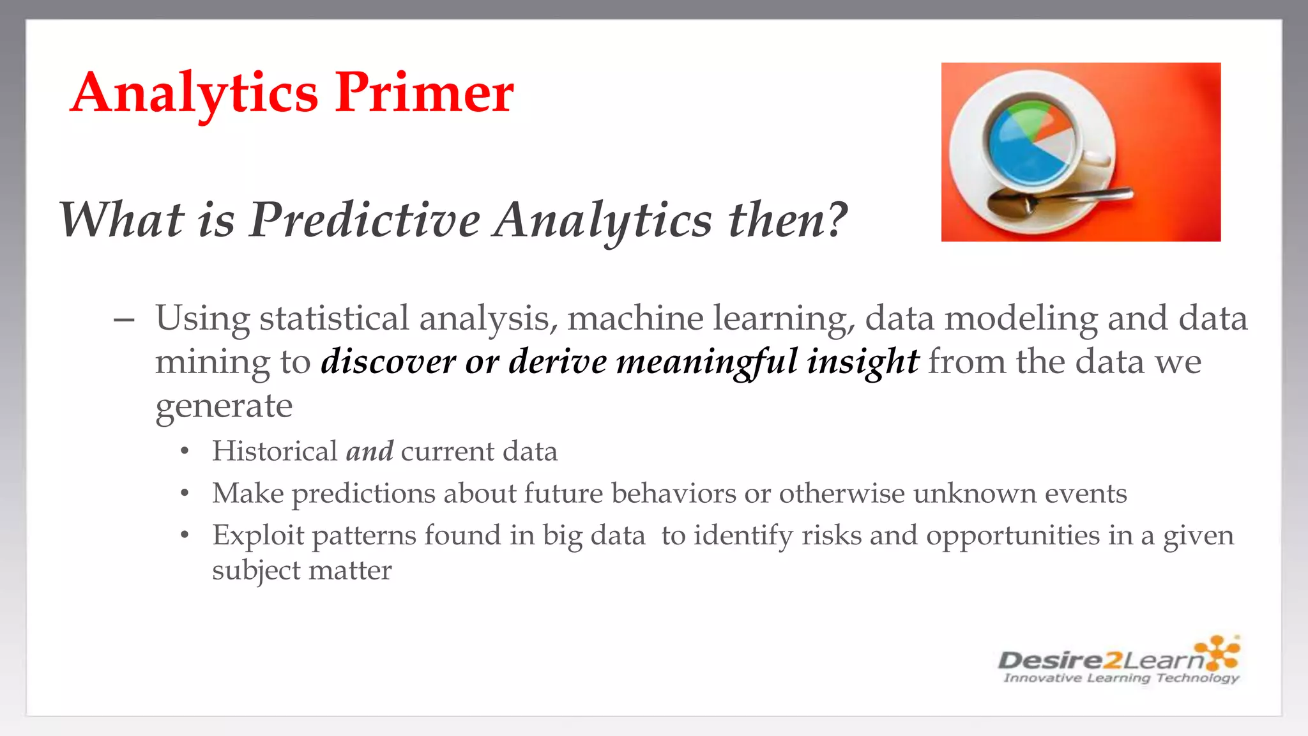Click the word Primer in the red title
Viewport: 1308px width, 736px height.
(x=425, y=93)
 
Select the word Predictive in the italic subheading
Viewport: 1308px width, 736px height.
(x=364, y=220)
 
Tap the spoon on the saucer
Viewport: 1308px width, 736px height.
(x=1054, y=199)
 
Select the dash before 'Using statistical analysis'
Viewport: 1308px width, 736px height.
(x=124, y=319)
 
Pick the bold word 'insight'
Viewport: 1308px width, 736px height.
(x=862, y=362)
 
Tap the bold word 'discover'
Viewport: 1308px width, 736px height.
(x=388, y=362)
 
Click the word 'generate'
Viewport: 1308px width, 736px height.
(x=224, y=406)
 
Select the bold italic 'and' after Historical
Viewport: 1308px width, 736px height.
(x=370, y=452)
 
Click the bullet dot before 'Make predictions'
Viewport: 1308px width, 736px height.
(x=185, y=493)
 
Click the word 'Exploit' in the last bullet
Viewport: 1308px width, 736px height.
(x=258, y=535)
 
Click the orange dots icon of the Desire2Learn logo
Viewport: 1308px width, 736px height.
(x=1218, y=652)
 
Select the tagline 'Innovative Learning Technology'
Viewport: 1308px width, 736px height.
(x=1121, y=678)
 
